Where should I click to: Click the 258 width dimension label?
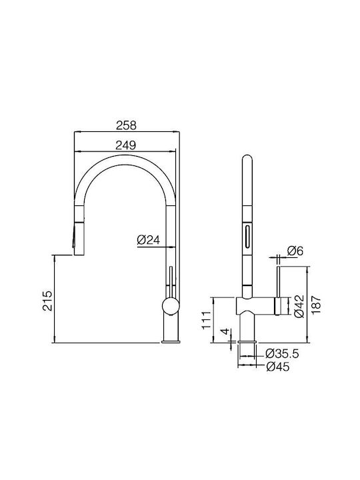[126, 125]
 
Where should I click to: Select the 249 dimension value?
[126, 145]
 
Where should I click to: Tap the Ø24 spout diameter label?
[149, 240]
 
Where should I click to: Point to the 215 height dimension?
[48, 301]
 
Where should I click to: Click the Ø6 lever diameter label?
[295, 251]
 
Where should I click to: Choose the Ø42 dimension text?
[299, 306]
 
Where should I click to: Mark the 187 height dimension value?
[317, 304]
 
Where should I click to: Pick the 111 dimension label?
[207, 320]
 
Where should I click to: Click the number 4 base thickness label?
[225, 331]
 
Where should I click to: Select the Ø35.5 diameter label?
[282, 354]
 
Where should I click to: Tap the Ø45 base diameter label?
[277, 366]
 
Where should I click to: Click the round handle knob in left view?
[171, 306]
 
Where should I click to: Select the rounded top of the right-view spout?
[247, 160]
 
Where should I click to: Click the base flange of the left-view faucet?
[171, 341]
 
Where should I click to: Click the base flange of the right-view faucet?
[247, 341]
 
